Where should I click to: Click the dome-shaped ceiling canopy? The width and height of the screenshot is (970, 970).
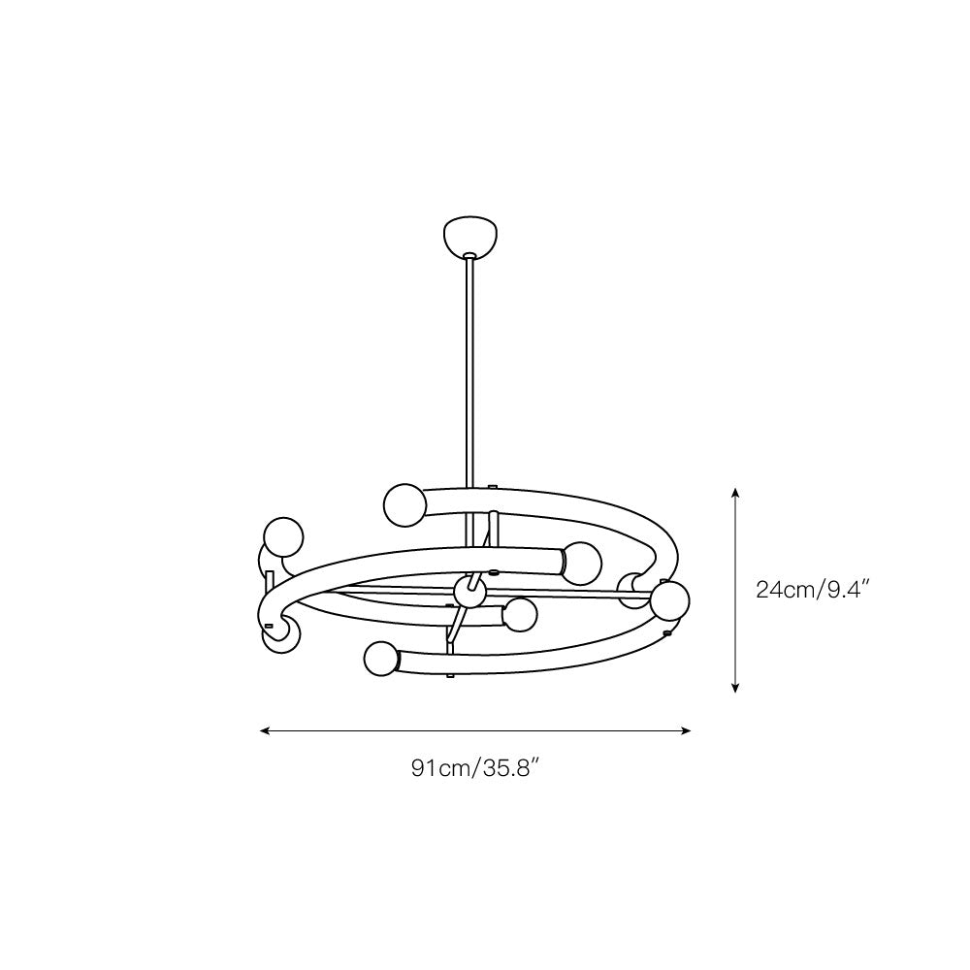pyautogui.click(x=469, y=236)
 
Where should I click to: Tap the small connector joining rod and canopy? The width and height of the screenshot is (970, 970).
pyautogui.click(x=470, y=256)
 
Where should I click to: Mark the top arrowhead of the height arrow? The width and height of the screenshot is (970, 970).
pyautogui.click(x=736, y=492)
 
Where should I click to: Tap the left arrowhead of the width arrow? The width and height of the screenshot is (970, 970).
pyautogui.click(x=265, y=730)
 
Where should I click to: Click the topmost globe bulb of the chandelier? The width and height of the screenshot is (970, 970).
pyautogui.click(x=403, y=503)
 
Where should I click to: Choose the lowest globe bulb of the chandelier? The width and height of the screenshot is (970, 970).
pyautogui.click(x=381, y=660)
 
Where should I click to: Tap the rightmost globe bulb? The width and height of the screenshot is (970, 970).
pyautogui.click(x=669, y=600)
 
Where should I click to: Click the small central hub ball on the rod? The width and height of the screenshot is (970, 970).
pyautogui.click(x=469, y=591)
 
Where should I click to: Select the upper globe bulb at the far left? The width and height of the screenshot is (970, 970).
pyautogui.click(x=284, y=535)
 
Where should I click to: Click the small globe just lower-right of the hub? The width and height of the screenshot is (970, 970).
pyautogui.click(x=521, y=615)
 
